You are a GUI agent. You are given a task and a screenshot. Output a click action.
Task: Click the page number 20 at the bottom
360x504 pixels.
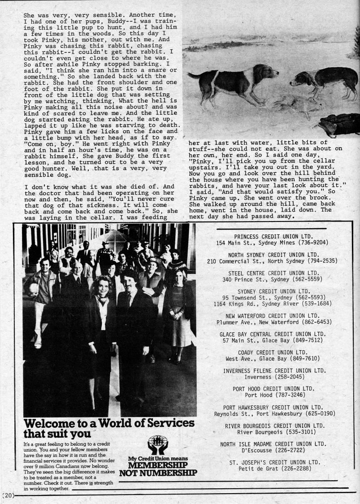point(9,495)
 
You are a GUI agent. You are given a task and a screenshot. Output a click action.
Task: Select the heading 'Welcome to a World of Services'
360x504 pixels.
point(109,423)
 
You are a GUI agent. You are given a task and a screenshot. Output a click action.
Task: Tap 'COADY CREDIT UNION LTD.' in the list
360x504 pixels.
point(273,352)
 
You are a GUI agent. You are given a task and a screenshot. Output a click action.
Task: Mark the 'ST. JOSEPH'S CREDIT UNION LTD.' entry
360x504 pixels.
point(274,462)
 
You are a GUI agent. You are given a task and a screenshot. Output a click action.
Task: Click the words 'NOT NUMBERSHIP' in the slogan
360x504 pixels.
point(158,472)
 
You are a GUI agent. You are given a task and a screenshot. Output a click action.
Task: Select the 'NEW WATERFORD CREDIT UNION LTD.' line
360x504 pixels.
point(273,316)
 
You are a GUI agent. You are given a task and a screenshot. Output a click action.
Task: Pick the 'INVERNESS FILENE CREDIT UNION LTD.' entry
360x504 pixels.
point(274,371)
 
